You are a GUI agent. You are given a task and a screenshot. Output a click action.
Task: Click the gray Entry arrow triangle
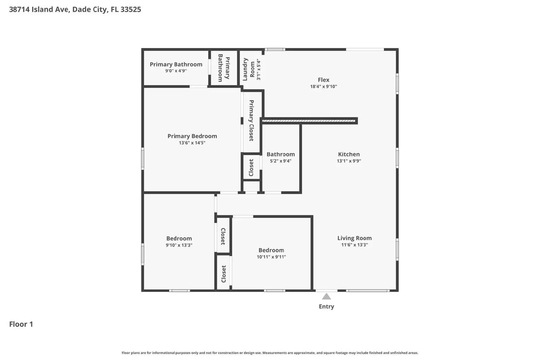coord(326,297)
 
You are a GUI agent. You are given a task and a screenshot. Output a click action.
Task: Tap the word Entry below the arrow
coord(326,306)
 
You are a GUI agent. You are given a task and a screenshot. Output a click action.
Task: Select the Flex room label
coord(323,80)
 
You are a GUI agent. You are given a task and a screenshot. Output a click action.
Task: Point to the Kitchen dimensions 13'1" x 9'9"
coord(349,161)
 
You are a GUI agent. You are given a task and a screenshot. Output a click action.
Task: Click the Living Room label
coord(354,238)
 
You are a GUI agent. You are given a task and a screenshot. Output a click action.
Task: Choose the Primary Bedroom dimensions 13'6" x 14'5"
coord(192,143)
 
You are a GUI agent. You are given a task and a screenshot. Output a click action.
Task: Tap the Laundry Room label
coord(249,69)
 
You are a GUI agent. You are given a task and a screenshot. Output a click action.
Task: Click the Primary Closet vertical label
coord(251,120)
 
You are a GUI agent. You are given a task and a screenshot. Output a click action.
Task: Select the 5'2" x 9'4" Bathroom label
coord(280,157)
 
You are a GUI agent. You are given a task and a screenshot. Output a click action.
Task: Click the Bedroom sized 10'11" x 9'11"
coord(271,253)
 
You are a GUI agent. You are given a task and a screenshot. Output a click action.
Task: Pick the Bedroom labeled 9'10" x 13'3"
coord(179,242)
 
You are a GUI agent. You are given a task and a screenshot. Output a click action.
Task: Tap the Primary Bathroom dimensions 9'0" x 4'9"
coord(176,71)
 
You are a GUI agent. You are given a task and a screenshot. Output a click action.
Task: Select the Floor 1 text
coord(21,324)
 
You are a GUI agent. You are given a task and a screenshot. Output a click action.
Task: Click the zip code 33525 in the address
coord(131,9)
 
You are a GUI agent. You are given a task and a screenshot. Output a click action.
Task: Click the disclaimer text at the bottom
coord(270,353)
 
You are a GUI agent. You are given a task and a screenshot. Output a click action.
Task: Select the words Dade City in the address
coord(90,9)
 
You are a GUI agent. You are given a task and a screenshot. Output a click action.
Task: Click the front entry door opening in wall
coord(326,290)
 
